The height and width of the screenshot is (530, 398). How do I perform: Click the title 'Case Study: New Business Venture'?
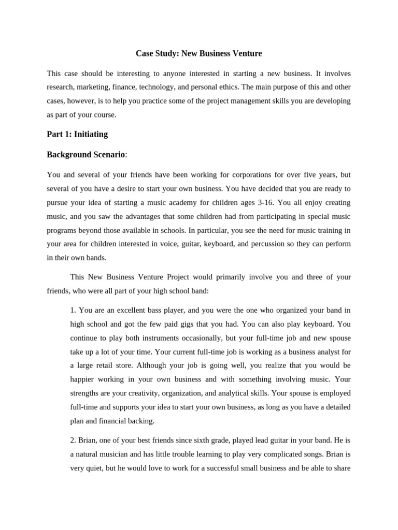[198, 53]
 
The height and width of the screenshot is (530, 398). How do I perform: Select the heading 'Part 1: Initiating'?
[77, 134]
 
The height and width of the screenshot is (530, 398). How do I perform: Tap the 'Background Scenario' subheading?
[86, 154]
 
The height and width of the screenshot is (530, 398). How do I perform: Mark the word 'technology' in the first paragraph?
[165, 87]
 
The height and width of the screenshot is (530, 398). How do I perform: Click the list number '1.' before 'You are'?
[74, 310]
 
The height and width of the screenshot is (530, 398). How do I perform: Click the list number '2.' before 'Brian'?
[74, 440]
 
